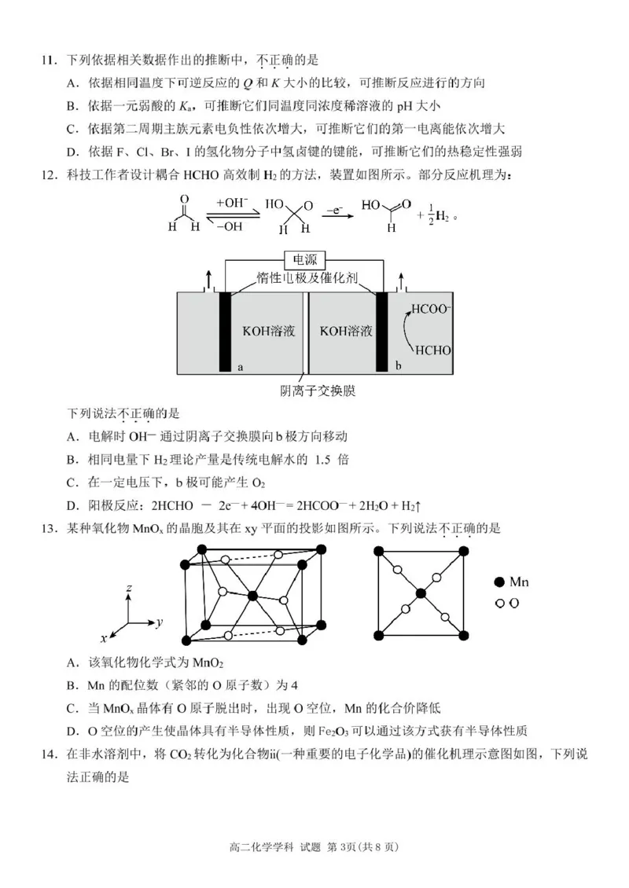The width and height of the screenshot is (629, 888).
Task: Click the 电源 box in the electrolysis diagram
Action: tap(306, 260)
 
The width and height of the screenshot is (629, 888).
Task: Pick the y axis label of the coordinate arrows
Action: tap(159, 622)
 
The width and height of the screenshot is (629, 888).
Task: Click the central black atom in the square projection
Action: tap(421, 593)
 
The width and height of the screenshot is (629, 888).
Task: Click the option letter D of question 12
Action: tap(72, 505)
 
